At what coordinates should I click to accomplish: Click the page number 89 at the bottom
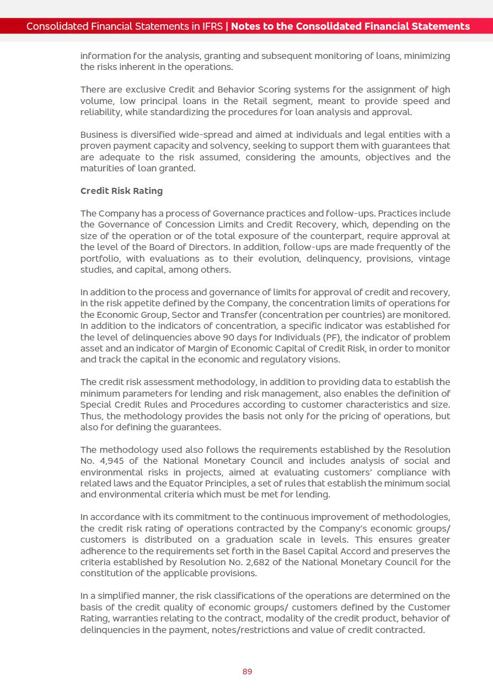pos(247,672)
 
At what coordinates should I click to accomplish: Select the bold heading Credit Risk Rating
pos(121,191)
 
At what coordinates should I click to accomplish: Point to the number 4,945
pos(109,461)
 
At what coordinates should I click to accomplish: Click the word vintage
pos(434,258)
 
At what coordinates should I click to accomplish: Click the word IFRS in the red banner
pos(211,26)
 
